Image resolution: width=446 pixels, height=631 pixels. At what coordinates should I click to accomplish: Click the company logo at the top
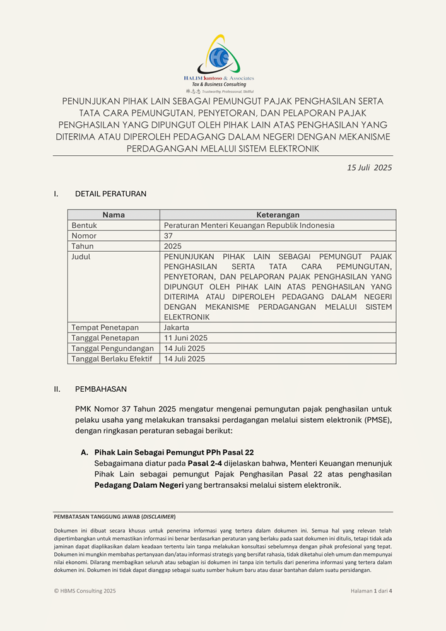[219, 63]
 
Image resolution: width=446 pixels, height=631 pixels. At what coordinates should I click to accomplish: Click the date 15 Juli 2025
[369, 168]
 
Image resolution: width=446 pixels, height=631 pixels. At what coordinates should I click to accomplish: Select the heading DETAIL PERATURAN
[110, 194]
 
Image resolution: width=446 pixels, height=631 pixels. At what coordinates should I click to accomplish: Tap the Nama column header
[114, 215]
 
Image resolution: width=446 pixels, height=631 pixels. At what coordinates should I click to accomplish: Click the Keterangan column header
[278, 215]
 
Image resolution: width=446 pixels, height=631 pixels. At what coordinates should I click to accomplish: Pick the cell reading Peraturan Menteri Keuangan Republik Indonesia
[249, 225]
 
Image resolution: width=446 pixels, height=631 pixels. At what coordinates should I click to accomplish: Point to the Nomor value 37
[168, 235]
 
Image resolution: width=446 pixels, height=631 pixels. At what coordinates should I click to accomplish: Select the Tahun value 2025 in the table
[173, 246]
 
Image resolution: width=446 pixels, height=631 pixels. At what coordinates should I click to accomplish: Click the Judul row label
[81, 257]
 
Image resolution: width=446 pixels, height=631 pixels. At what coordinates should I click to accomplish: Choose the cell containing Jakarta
[177, 327]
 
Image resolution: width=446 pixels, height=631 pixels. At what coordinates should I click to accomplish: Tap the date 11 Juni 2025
[185, 338]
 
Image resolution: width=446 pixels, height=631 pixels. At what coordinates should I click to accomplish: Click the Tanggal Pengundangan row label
[112, 348]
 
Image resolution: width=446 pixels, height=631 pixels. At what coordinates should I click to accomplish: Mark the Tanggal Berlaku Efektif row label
[111, 359]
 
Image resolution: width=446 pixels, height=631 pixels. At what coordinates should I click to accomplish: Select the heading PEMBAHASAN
[101, 389]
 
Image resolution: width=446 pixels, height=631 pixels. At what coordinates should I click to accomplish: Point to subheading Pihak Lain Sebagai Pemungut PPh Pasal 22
[174, 452]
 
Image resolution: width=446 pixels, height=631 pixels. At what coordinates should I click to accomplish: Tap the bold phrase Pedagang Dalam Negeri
[139, 485]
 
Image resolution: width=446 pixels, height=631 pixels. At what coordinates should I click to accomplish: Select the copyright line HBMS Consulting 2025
[85, 591]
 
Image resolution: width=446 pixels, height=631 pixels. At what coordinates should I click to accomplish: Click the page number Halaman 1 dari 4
[371, 591]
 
